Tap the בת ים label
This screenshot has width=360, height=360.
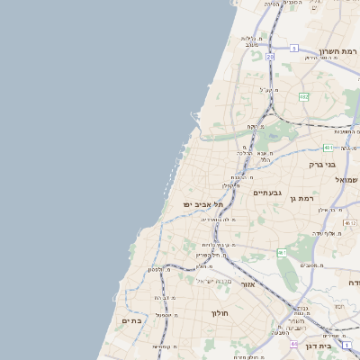click(x=130, y=320)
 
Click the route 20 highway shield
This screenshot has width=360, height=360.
click(x=269, y=57)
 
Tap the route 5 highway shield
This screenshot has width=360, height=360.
click(x=293, y=48)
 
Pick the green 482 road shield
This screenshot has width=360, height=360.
click(x=304, y=96)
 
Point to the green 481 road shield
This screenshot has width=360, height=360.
click(x=329, y=147)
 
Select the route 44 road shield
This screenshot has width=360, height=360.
click(x=293, y=344)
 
